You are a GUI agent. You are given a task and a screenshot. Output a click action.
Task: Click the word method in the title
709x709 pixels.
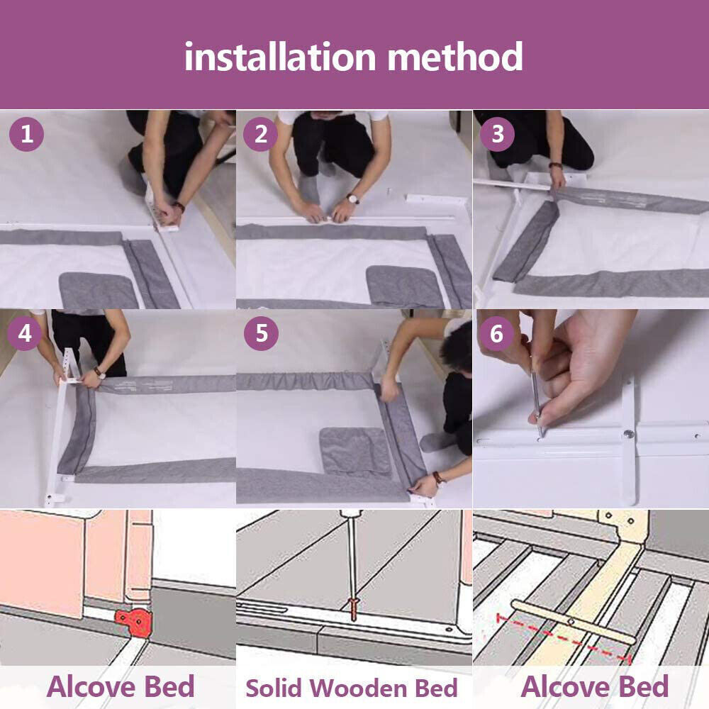coord(455,56)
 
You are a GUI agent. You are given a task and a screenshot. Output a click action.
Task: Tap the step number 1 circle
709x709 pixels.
coord(26,134)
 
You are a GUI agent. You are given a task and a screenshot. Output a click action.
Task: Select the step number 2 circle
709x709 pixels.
coord(262,134)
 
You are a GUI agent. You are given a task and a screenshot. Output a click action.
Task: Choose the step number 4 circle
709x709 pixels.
coord(26,333)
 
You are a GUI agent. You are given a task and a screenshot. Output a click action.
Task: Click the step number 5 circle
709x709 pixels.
coord(262,333)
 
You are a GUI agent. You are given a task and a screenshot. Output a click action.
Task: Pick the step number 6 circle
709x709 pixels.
coord(497,333)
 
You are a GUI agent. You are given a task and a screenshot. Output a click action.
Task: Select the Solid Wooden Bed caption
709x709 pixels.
coord(352,688)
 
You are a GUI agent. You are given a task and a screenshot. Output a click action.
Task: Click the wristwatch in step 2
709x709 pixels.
coord(352,199)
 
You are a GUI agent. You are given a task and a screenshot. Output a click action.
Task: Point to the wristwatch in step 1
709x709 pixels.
coord(178,207)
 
